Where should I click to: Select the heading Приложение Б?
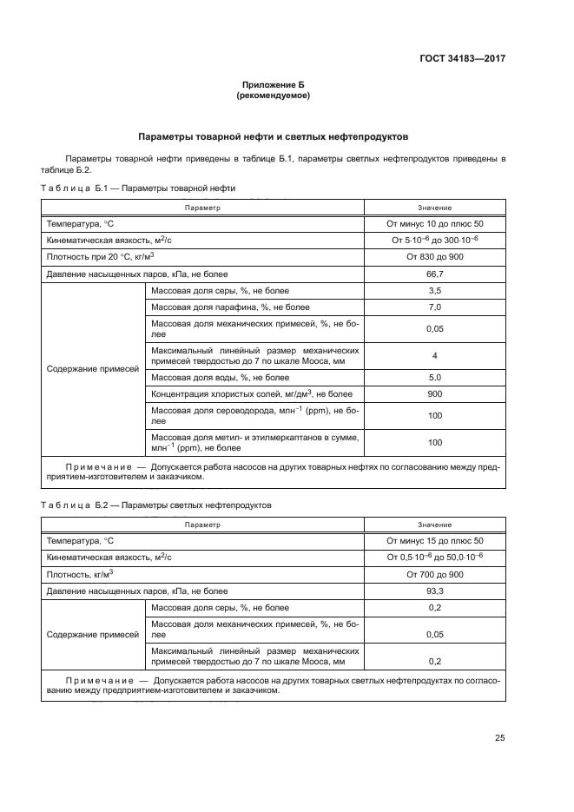click(274, 85)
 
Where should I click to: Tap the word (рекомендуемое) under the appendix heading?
click(274, 96)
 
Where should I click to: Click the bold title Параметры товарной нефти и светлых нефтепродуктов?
click(274, 137)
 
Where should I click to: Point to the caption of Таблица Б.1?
click(138, 188)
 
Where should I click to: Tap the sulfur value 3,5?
click(435, 290)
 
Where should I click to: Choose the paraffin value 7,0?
click(435, 307)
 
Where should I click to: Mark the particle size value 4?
click(435, 355)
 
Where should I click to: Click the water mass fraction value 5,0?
click(435, 377)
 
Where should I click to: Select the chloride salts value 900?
click(435, 393)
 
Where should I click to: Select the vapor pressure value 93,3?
click(435, 591)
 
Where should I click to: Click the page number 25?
click(499, 738)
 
